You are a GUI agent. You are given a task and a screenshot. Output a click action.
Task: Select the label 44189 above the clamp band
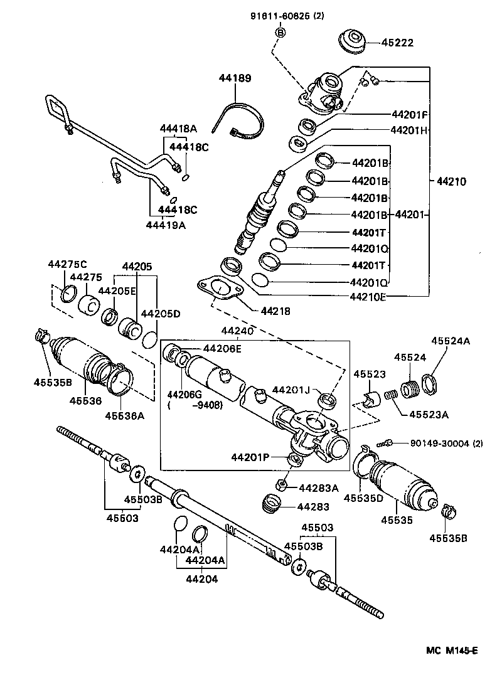tap(235, 78)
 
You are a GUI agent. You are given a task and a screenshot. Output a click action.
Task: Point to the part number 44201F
tap(409, 115)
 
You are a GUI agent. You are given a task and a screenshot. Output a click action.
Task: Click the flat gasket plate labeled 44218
tap(219, 288)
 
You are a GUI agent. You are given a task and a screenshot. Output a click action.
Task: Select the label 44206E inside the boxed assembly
tap(222, 349)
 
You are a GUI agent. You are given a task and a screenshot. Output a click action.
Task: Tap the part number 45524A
tap(449, 341)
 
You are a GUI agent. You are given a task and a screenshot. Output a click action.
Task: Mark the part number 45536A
tap(124, 415)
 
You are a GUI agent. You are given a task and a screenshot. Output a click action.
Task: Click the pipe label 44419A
tap(166, 225)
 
